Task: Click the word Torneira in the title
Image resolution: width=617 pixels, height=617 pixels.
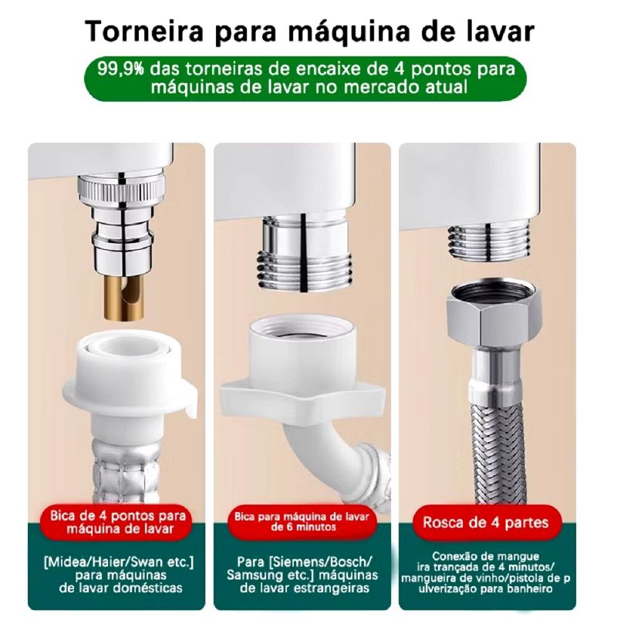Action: [x=143, y=31]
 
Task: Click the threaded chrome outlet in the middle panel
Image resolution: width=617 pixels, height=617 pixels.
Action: [x=303, y=256]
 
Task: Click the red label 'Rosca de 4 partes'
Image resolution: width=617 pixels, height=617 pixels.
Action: [x=487, y=523]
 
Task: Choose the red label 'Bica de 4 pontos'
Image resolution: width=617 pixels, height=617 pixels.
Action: [x=117, y=522]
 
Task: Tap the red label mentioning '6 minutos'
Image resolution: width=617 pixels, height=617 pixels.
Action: [x=302, y=522]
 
